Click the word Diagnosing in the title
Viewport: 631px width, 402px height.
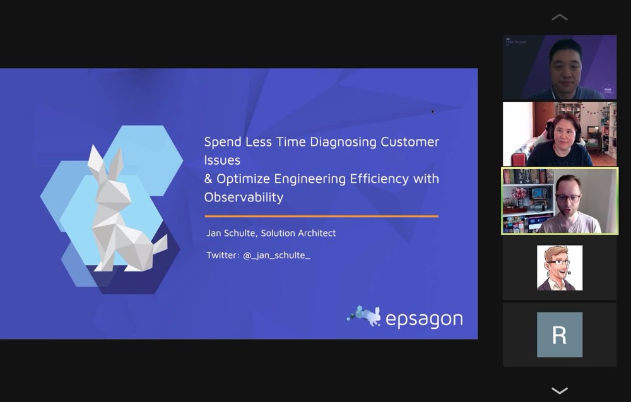click(343, 142)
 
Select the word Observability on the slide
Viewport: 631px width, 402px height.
click(244, 197)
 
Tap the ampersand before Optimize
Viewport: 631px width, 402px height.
click(208, 178)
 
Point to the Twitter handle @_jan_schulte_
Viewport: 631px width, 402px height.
click(277, 255)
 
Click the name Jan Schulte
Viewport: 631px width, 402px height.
click(232, 233)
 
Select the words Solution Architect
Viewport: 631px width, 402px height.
click(298, 233)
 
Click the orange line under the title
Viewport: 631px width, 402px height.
click(321, 216)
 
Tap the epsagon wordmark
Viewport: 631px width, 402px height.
click(424, 319)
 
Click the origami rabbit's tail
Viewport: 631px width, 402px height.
click(160, 245)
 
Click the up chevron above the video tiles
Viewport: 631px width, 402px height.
click(559, 17)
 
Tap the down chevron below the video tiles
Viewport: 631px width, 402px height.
click(559, 391)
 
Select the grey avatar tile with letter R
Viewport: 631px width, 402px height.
click(559, 335)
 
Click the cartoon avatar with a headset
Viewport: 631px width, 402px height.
click(559, 268)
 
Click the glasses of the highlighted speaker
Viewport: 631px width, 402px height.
click(569, 198)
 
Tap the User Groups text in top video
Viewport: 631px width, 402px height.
click(516, 42)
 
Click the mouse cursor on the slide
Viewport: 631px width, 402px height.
click(433, 112)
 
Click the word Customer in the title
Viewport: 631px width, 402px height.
click(410, 142)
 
